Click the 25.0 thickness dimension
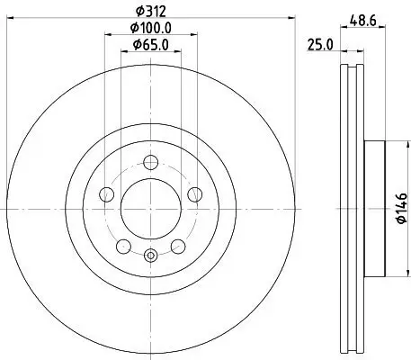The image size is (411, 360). click(x=321, y=45)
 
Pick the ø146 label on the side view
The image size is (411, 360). click(x=401, y=207)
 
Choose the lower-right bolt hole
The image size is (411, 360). click(x=177, y=244)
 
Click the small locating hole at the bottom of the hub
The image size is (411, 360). click(x=149, y=256)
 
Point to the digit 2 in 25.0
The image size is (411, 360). click(x=311, y=45)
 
